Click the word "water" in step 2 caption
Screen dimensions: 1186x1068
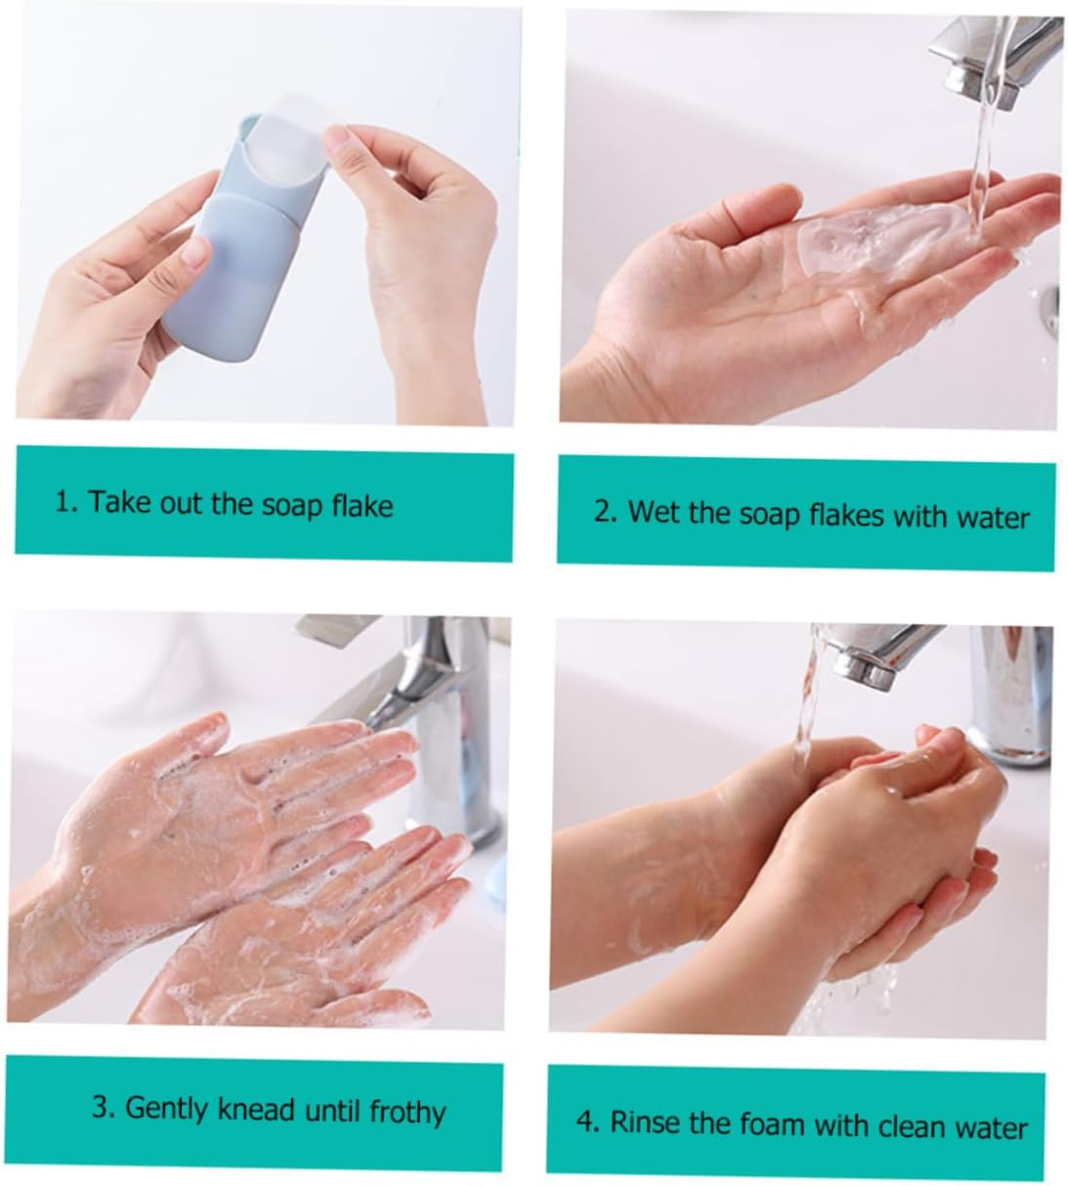pos(993,516)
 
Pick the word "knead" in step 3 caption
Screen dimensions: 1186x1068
pos(258,1109)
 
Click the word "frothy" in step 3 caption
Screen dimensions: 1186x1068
pos(407,1111)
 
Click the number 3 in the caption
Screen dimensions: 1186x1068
pos(100,1108)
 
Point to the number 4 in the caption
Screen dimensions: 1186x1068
pos(584,1122)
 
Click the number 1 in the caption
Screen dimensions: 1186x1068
pos(64,502)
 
